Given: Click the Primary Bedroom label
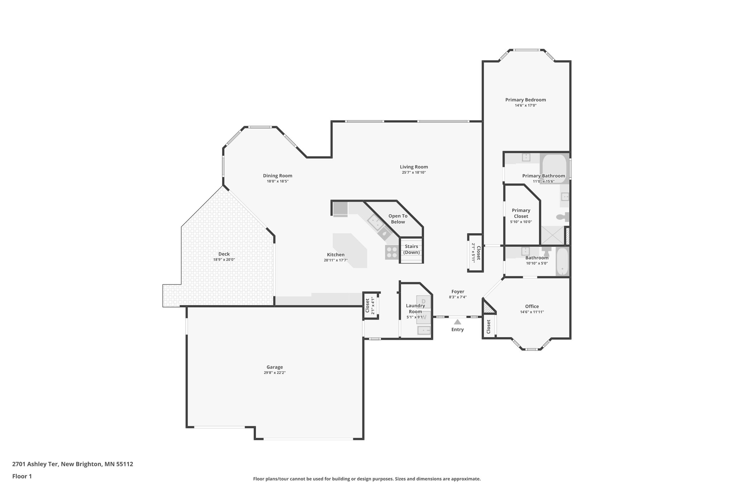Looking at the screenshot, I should tap(525, 100).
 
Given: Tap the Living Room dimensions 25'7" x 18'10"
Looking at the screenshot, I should tap(414, 173).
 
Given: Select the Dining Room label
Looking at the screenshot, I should tap(277, 176).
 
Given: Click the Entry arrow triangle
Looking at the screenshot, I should tap(457, 322).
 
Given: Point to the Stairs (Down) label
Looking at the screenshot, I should tap(411, 249).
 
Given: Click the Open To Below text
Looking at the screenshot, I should tap(398, 219).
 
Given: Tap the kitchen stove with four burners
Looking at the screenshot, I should tap(392, 252).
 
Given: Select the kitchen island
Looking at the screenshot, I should tap(351, 250).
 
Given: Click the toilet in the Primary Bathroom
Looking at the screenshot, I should tap(563, 217).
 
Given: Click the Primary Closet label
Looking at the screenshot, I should tap(521, 213).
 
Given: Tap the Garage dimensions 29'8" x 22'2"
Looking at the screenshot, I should tap(275, 373).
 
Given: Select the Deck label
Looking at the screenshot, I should tap(224, 254).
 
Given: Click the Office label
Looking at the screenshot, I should tap(532, 306).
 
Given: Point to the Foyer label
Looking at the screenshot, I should tap(458, 292).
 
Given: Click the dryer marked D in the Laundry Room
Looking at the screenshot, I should tap(423, 301).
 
